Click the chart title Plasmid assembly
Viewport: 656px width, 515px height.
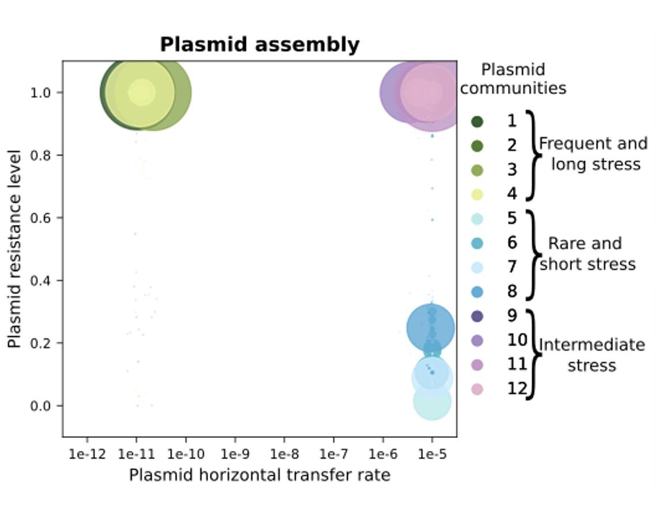tap(260, 45)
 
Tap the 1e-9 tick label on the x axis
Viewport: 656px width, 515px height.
tap(235, 453)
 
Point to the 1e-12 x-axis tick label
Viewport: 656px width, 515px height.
tap(88, 453)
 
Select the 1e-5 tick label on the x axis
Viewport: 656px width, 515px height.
tap(432, 453)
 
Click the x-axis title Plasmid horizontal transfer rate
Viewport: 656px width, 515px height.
tap(260, 475)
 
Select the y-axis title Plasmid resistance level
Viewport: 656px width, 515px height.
tap(14, 249)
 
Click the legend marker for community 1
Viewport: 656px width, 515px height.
tap(477, 121)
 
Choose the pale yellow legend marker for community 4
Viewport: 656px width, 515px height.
tap(477, 194)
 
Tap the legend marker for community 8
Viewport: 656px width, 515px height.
tap(477, 292)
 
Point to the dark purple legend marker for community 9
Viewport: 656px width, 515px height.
tap(477, 316)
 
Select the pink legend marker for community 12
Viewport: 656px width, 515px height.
tap(477, 389)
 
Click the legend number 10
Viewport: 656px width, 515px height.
tap(517, 340)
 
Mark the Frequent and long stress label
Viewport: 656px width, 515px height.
tap(593, 154)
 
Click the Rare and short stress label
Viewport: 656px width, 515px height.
tap(587, 254)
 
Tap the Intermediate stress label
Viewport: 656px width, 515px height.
tap(592, 355)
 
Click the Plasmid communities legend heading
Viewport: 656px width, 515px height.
tap(513, 79)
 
